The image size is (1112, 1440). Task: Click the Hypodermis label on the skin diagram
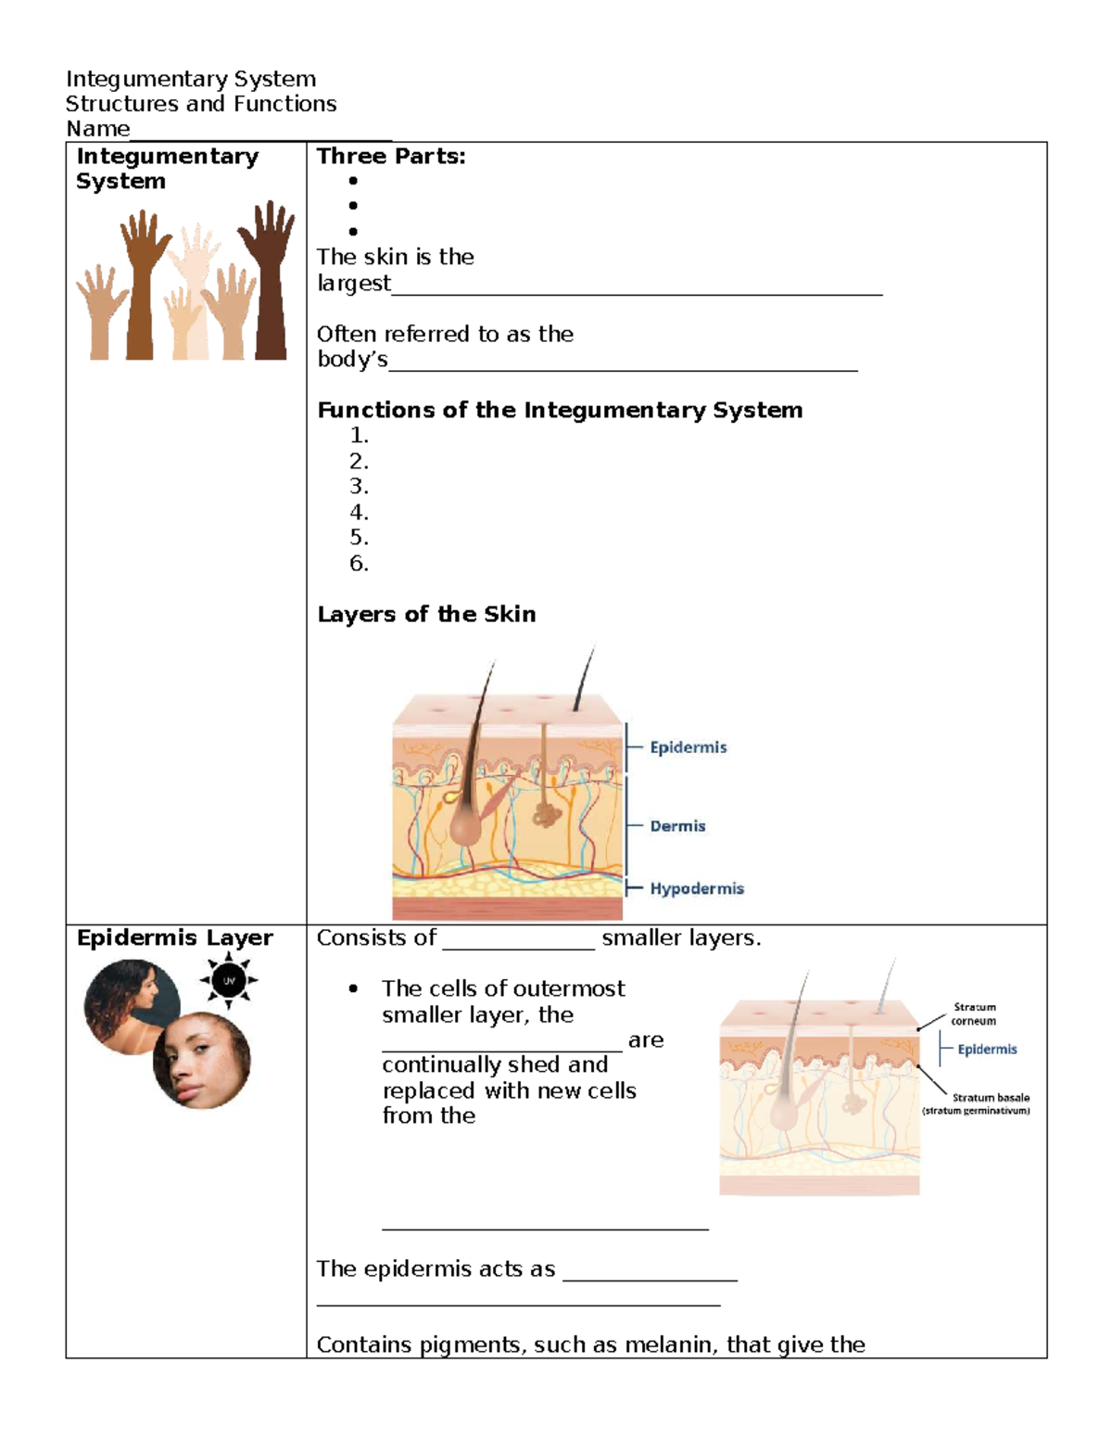(x=696, y=888)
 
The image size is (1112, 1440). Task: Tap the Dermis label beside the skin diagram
(x=677, y=826)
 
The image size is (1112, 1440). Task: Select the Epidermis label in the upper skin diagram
(x=688, y=747)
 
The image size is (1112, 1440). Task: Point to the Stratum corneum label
(x=974, y=1013)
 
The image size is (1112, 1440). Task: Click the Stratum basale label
(x=990, y=1098)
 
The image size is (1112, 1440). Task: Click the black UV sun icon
(x=229, y=980)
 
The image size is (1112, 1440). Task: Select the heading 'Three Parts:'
(x=391, y=157)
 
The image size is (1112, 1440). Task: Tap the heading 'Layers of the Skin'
(x=426, y=614)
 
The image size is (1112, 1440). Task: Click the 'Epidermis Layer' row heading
(x=174, y=938)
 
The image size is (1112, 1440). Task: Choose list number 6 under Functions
(x=359, y=564)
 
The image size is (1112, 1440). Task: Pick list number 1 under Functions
(x=359, y=436)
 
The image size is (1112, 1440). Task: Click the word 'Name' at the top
(x=97, y=129)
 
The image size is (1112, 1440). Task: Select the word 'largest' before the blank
(x=354, y=283)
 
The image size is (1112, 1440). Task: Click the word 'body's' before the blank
(x=352, y=360)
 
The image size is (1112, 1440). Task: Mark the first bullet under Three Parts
(x=353, y=181)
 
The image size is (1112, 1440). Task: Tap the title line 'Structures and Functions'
(x=201, y=104)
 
